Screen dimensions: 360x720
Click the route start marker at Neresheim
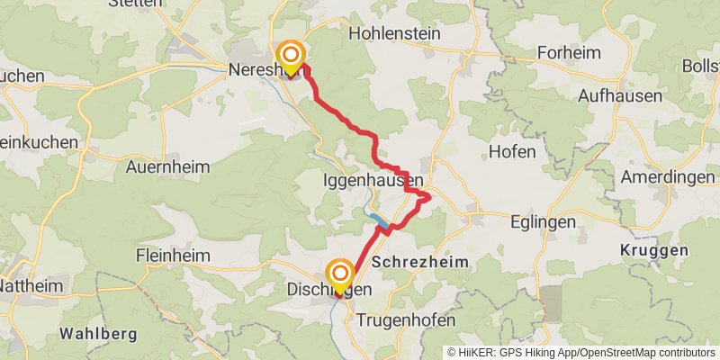click(291, 56)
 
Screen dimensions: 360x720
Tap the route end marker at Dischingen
click(340, 274)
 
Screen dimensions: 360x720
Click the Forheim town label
click(568, 52)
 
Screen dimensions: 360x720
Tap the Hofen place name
click(512, 149)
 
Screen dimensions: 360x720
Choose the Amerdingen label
click(667, 176)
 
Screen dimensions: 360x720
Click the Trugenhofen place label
click(406, 320)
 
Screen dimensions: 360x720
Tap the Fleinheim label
click(173, 255)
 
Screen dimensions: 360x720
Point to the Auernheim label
click(167, 166)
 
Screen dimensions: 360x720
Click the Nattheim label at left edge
click(29, 288)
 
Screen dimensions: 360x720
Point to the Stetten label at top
click(135, 4)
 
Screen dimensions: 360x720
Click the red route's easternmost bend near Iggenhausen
click(429, 195)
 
